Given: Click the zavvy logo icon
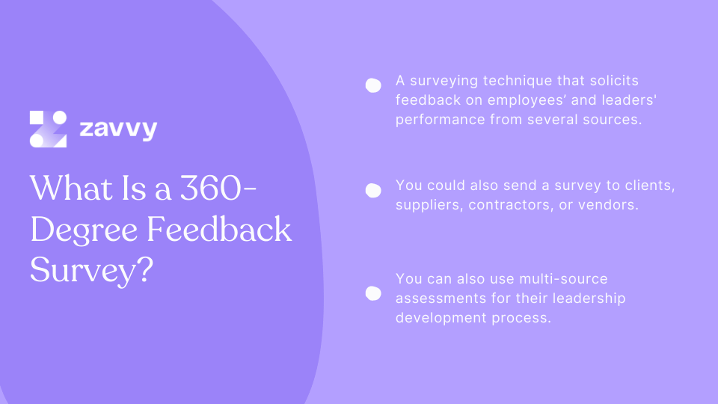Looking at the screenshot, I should click(49, 129).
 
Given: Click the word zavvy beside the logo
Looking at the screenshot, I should click(117, 129).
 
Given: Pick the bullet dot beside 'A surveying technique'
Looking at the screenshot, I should click(372, 85).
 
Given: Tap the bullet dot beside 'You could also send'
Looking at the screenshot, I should click(372, 191).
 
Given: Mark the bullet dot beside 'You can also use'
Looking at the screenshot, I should click(372, 293).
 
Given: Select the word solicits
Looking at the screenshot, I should click(613, 81).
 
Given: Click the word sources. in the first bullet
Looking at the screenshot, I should click(616, 120).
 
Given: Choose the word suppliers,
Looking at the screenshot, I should click(429, 204).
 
